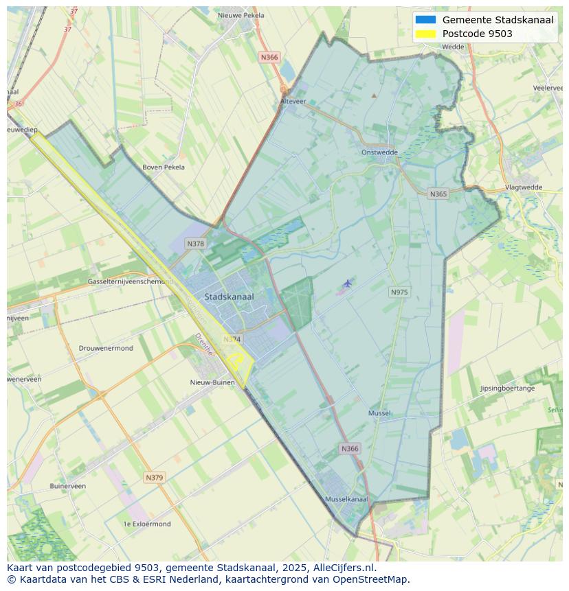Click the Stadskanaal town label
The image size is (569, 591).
click(229, 297)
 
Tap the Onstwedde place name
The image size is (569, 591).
click(379, 152)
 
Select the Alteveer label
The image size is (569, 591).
click(293, 101)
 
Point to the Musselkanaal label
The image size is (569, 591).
click(346, 499)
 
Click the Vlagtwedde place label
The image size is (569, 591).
click(523, 187)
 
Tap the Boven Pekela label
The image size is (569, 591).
click(163, 167)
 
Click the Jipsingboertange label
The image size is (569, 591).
click(507, 389)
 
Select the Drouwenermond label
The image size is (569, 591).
click(106, 348)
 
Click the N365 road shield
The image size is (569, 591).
click(438, 194)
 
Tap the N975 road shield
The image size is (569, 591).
click(399, 292)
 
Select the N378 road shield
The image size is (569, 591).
click(195, 244)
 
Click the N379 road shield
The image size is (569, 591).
click(155, 477)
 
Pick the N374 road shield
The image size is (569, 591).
click(232, 339)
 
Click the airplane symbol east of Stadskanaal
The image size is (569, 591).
click(348, 283)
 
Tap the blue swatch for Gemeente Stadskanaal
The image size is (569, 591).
click(425, 20)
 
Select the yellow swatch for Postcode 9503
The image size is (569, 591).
click(425, 34)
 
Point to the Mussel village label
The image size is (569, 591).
click(379, 413)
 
